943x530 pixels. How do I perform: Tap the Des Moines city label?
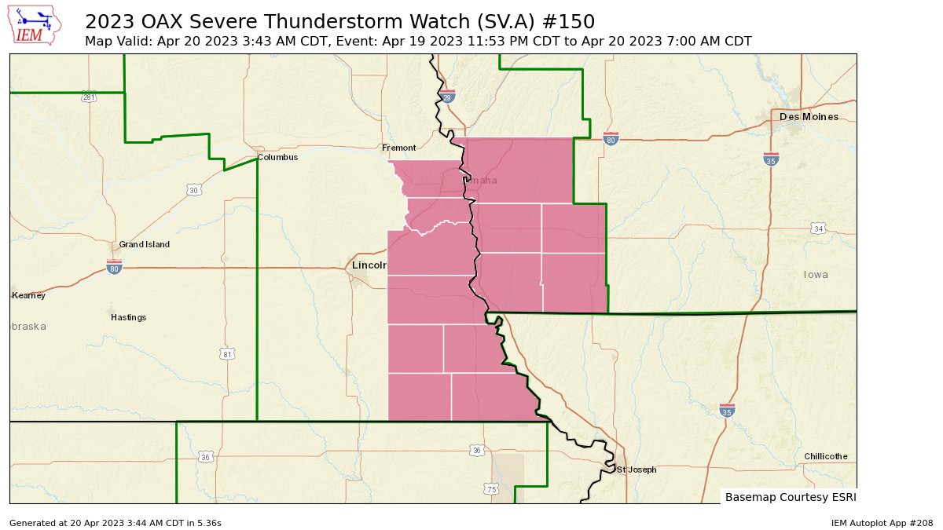pos(809,117)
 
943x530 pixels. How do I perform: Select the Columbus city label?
pos(278,157)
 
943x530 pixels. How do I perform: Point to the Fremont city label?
pos(398,148)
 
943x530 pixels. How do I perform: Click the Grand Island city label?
pos(144,244)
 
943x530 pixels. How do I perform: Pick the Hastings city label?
pos(128,317)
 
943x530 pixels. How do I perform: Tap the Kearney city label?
pos(29,296)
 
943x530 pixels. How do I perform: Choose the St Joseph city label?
pos(636,470)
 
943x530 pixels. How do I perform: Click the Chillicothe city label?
pos(825,456)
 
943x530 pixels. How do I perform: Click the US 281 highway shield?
pos(88,97)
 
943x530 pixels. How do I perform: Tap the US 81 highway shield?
pos(227,354)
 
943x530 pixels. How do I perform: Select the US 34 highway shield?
pos(818,228)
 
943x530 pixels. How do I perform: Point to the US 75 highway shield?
pos(491,489)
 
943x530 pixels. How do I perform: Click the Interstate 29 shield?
pos(447,97)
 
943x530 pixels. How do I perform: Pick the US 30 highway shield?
pos(193,190)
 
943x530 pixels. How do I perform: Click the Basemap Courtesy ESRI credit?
pos(790,497)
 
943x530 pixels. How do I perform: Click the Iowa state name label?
pos(816,275)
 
